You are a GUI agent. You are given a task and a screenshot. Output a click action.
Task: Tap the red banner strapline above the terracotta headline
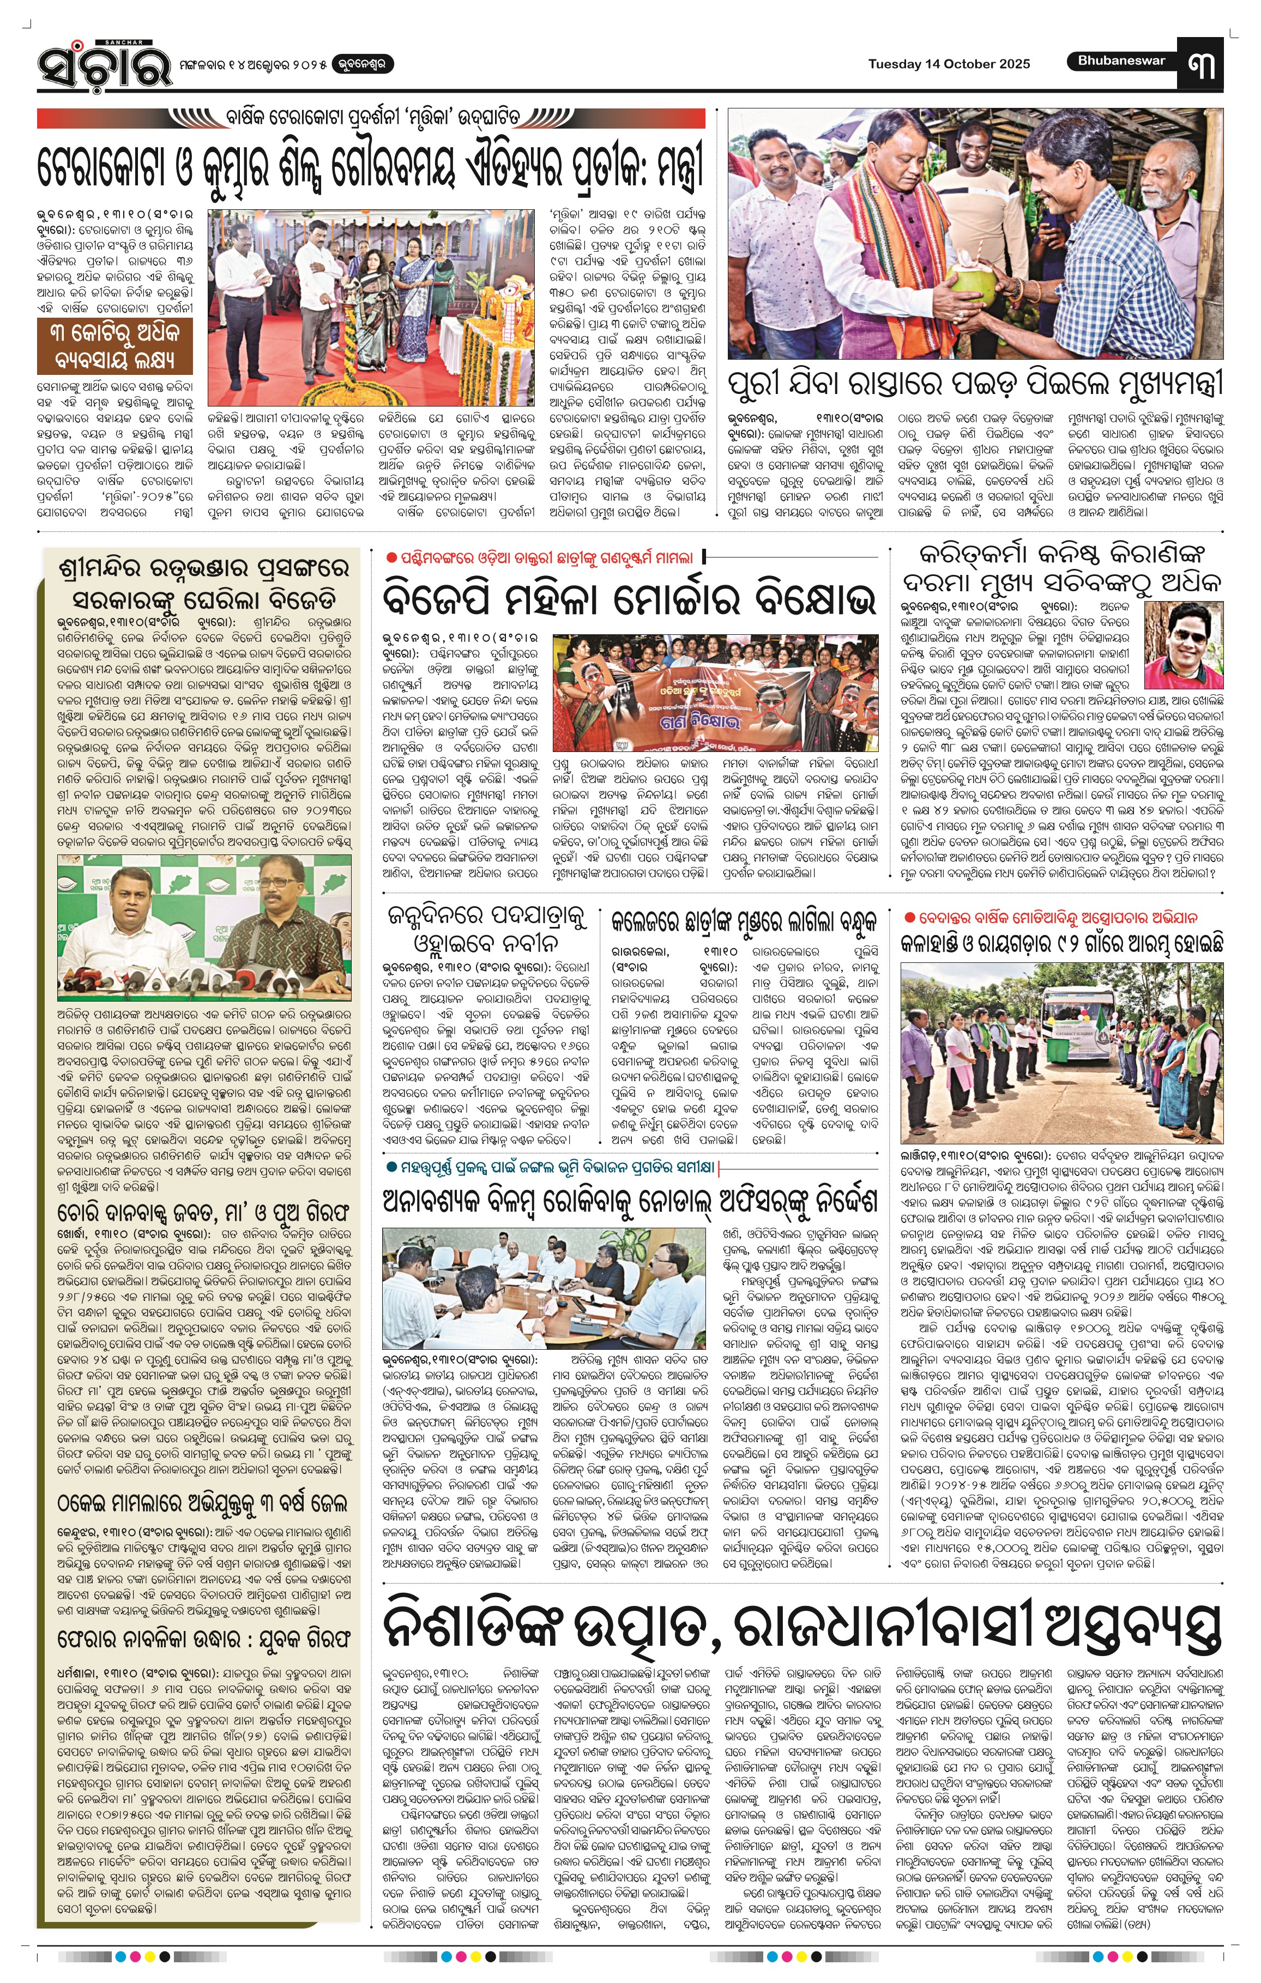pyautogui.click(x=371, y=118)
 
